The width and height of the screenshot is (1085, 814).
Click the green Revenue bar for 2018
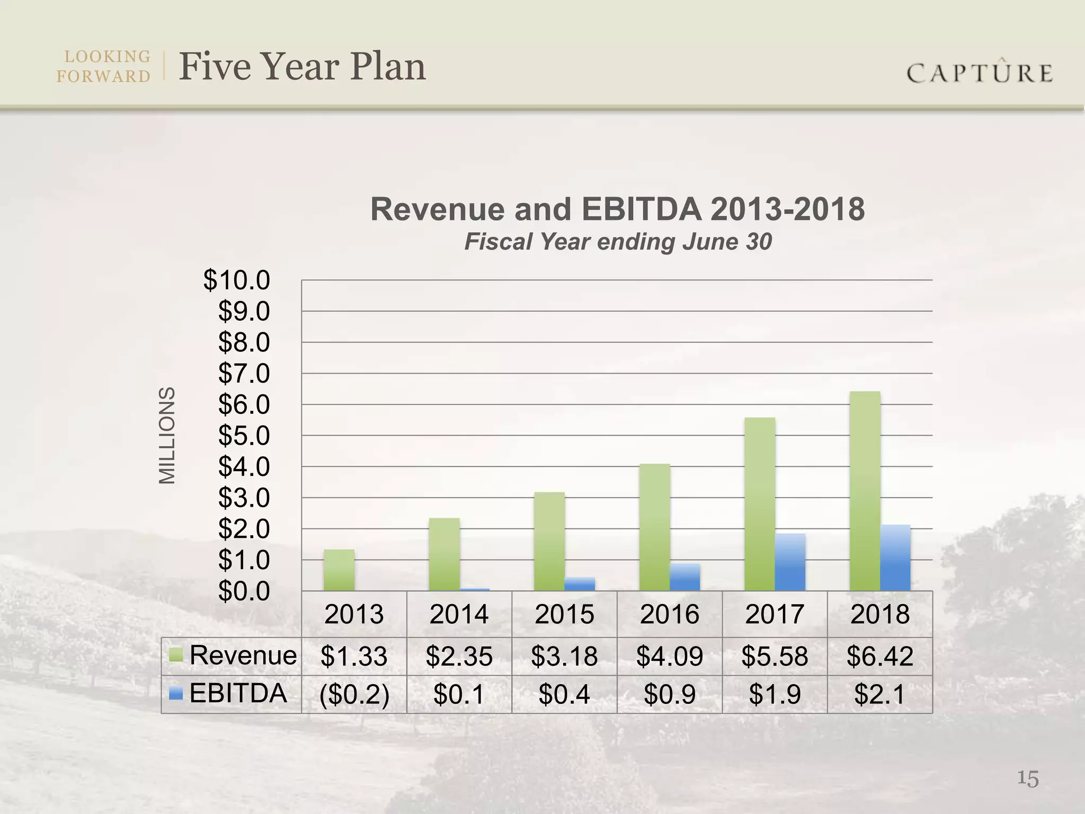865,491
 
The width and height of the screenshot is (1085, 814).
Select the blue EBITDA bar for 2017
790,562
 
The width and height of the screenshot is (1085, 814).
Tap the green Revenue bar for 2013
339,570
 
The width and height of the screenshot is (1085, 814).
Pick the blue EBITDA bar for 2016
685,578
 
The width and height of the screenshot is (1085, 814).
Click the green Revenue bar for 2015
549,542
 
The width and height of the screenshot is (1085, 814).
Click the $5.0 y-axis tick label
244,436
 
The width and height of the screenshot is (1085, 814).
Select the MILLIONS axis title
167,436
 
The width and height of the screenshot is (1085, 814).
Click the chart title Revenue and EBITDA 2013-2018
617,209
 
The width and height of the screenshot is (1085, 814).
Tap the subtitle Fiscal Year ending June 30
618,242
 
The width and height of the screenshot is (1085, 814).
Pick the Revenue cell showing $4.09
670,656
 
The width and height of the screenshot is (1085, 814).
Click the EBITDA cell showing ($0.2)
354,694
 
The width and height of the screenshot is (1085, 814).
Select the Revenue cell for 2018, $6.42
880,656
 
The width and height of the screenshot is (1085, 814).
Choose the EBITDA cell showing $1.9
775,694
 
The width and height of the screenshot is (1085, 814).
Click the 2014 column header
459,614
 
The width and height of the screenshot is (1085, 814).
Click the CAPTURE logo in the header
980,73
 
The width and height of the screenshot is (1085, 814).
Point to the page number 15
1028,779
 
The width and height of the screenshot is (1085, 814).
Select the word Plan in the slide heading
388,67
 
